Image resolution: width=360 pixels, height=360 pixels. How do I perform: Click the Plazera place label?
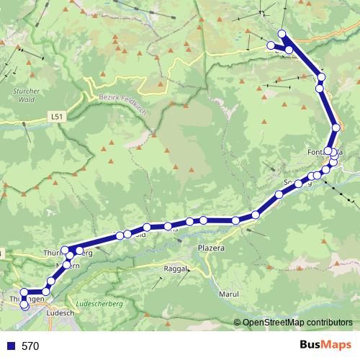pos(211,248)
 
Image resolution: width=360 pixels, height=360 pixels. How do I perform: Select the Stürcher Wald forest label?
pos(26,95)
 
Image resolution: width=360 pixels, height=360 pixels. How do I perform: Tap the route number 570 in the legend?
pos(30,346)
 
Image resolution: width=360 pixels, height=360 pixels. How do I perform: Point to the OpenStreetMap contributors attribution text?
pos(297,323)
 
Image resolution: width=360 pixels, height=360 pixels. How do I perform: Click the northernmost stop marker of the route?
pos(282,33)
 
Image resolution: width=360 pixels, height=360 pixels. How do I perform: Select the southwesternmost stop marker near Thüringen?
pos(25,305)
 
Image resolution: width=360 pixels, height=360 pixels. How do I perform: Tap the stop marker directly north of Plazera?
pos(204,220)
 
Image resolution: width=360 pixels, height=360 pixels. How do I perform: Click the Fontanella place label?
pos(325,152)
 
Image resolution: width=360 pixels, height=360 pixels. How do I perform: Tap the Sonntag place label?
pos(298,182)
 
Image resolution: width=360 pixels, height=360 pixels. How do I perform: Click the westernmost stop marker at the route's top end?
pos(271,45)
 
